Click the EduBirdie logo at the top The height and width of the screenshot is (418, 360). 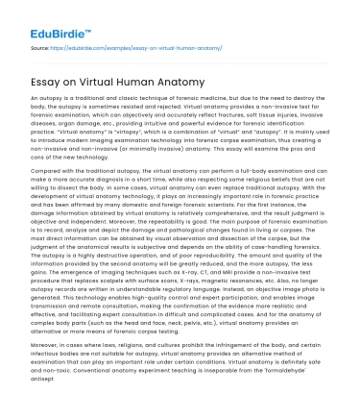49,18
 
